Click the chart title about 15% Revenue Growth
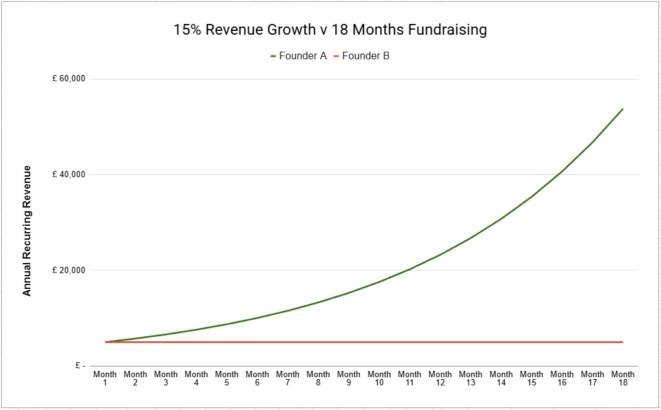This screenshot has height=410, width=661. pos(330,30)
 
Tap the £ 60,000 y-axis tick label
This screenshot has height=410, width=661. pos(69,79)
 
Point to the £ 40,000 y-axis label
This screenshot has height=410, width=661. pos(69,175)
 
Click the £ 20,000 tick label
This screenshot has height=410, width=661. pos(69,271)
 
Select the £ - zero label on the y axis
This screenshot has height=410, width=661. pos(78,366)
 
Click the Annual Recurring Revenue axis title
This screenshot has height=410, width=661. pos(27,231)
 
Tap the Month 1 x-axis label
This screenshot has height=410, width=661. pos(105,378)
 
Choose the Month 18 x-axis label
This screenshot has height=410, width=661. pos(623,378)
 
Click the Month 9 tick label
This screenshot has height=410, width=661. pos(348,378)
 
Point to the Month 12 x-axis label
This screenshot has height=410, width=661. pos(440,378)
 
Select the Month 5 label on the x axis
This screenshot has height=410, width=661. pos(227,378)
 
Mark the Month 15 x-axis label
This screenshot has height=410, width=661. pos(531,378)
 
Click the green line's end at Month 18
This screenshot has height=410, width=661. pos(623,109)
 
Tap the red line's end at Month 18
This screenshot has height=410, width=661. pos(623,342)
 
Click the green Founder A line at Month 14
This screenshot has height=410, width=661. pos(501,219)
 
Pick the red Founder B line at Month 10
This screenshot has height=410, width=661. pos(379,342)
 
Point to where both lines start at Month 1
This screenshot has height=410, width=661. pos(105,342)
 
